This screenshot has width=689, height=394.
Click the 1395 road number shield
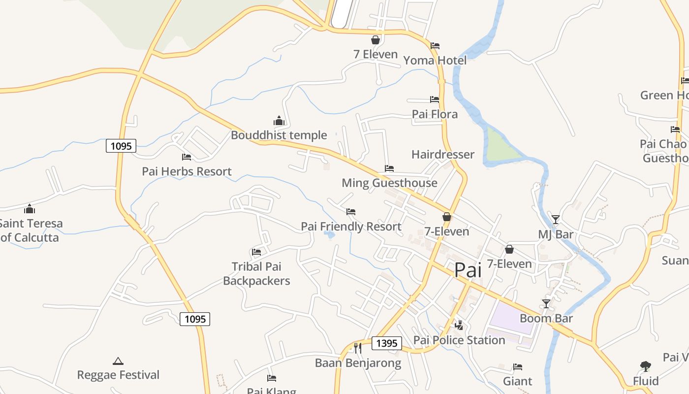pyautogui.click(x=386, y=343)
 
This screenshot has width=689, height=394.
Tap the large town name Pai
pyautogui.click(x=468, y=270)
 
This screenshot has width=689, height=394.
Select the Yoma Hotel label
pyautogui.click(x=435, y=61)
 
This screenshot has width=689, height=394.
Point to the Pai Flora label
pyautogui.click(x=435, y=114)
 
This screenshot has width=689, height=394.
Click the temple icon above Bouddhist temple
pyautogui.click(x=279, y=121)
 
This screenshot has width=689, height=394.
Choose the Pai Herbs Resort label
pyautogui.click(x=187, y=171)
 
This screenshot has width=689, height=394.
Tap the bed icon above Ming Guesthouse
pyautogui.click(x=389, y=168)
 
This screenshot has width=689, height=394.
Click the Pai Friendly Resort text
pyautogui.click(x=351, y=227)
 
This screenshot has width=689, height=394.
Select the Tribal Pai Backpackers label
pyautogui.click(x=256, y=274)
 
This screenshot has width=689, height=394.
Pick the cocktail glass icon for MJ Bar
pyautogui.click(x=556, y=219)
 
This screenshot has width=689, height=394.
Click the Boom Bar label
pyautogui.click(x=546, y=318)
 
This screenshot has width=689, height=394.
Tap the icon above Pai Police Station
pyautogui.click(x=459, y=325)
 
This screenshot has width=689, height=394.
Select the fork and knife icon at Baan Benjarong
pyautogui.click(x=358, y=348)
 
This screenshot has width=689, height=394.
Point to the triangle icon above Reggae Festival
pyautogui.click(x=118, y=361)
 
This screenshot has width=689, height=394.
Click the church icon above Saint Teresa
pyautogui.click(x=30, y=209)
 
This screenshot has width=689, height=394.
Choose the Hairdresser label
pyautogui.click(x=443, y=155)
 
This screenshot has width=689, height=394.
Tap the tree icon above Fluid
pyautogui.click(x=645, y=366)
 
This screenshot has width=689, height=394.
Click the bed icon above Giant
pyautogui.click(x=517, y=367)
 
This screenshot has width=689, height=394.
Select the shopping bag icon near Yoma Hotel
pyautogui.click(x=376, y=40)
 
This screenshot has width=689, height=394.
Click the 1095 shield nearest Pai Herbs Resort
pyautogui.click(x=121, y=146)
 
